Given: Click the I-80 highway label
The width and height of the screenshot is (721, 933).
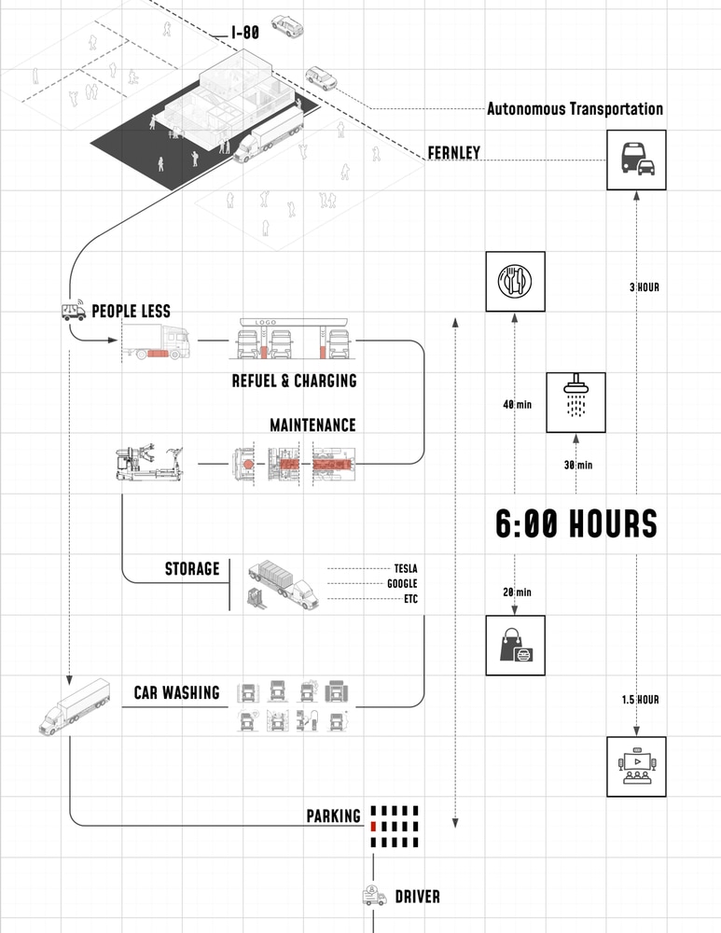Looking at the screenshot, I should pyautogui.click(x=245, y=34).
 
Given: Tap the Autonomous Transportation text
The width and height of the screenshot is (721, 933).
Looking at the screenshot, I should pyautogui.click(x=575, y=109).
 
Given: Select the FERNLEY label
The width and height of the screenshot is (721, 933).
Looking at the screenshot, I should pyautogui.click(x=453, y=152).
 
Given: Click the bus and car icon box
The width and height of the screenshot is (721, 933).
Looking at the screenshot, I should pyautogui.click(x=637, y=160).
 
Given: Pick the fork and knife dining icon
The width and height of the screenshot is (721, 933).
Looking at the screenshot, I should pyautogui.click(x=514, y=280).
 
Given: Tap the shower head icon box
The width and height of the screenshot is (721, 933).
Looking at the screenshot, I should pyautogui.click(x=575, y=402).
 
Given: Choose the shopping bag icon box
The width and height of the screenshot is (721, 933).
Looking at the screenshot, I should pyautogui.click(x=514, y=644).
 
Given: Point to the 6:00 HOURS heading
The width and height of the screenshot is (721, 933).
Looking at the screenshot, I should pyautogui.click(x=576, y=524).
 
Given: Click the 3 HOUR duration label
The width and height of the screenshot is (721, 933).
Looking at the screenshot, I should pyautogui.click(x=644, y=287).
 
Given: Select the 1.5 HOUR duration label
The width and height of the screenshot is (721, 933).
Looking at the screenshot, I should pyautogui.click(x=641, y=700).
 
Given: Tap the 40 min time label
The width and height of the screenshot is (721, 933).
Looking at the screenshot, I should pyautogui.click(x=517, y=405).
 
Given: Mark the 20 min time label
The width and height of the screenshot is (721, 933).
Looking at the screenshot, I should pyautogui.click(x=517, y=592).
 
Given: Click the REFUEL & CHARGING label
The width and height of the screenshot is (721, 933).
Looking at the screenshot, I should pyautogui.click(x=294, y=381).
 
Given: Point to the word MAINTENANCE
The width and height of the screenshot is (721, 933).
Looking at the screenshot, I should pyautogui.click(x=312, y=425).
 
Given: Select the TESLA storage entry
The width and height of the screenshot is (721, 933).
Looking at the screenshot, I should pyautogui.click(x=405, y=567).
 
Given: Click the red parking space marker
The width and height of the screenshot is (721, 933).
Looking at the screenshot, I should pyautogui.click(x=373, y=827).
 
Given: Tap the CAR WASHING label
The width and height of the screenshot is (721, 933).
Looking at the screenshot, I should pyautogui.click(x=176, y=693).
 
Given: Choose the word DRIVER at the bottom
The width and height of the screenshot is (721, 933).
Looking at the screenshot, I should pyautogui.click(x=417, y=898).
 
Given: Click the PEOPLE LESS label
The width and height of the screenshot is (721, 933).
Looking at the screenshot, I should pyautogui.click(x=131, y=311).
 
